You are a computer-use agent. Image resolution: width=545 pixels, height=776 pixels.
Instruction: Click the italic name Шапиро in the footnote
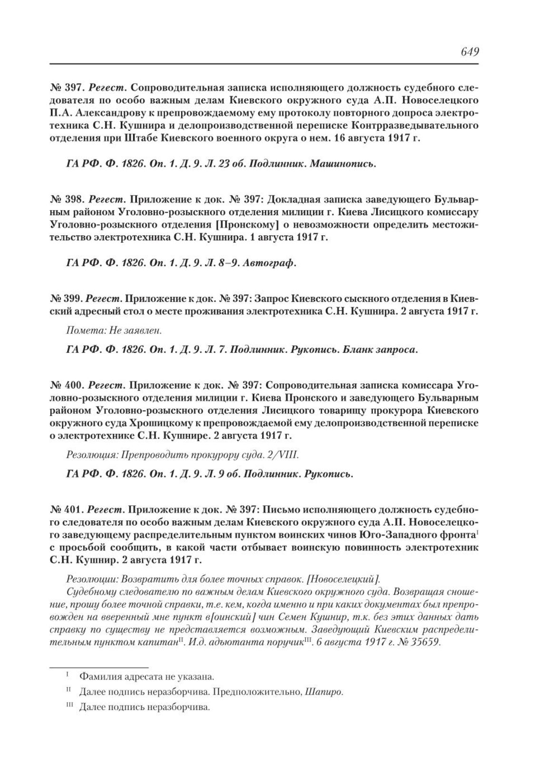click(328, 692)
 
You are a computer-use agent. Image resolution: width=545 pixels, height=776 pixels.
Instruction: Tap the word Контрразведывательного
click(414, 126)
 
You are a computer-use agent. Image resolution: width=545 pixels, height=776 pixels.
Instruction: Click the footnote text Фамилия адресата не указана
click(146, 676)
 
